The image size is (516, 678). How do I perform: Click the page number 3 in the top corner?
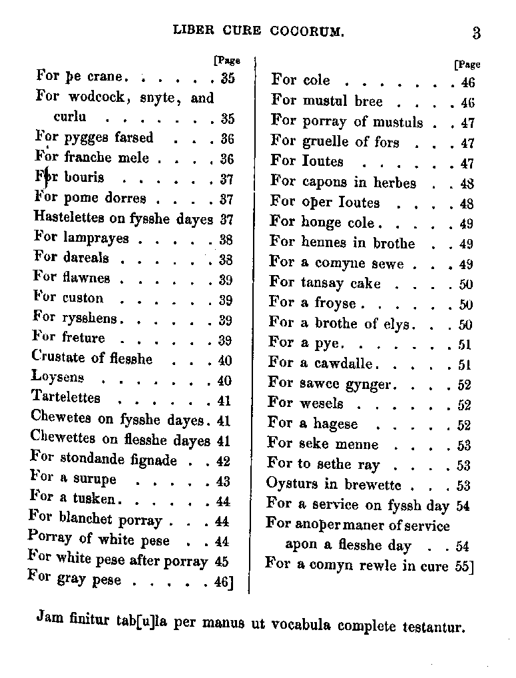tap(477, 34)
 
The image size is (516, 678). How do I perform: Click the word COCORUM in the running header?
tap(308, 30)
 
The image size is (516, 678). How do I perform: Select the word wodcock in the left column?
tap(92, 98)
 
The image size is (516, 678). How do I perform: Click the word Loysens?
tap(57, 378)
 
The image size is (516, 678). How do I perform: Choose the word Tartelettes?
tap(65, 398)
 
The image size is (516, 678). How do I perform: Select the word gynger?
tap(368, 384)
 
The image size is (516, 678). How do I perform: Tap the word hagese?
tap(336, 424)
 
